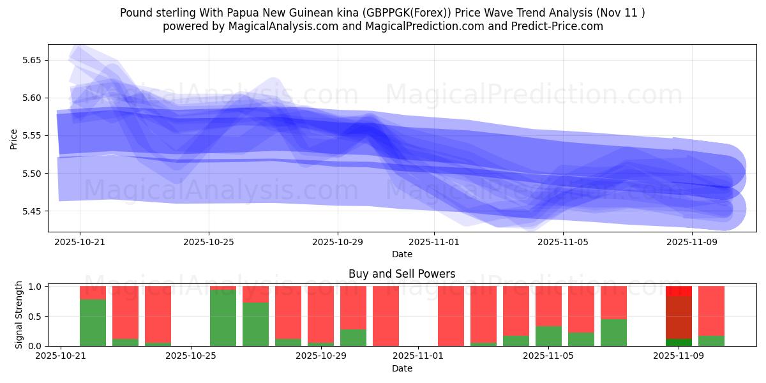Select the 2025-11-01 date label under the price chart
pos(434,242)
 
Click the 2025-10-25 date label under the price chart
pos(209,242)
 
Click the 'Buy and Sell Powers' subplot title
pos(402,274)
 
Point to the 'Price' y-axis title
pos(14,139)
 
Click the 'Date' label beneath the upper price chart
pos(402,254)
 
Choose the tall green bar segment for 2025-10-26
pos(223,318)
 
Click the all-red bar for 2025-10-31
pos(386,316)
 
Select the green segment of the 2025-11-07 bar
pos(613,333)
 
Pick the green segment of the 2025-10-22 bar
pos(93,322)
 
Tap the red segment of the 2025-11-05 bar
pos(548,306)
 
